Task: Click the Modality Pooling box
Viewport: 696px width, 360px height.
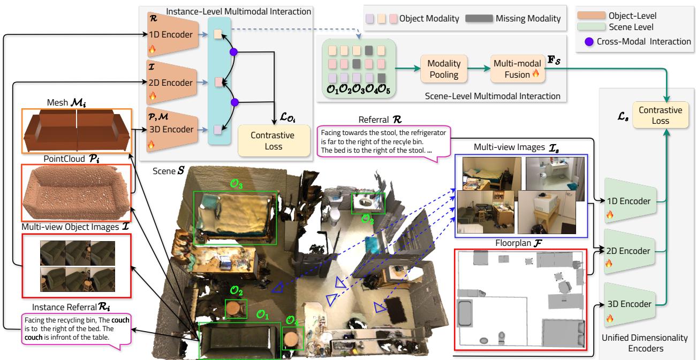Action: [444, 69]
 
